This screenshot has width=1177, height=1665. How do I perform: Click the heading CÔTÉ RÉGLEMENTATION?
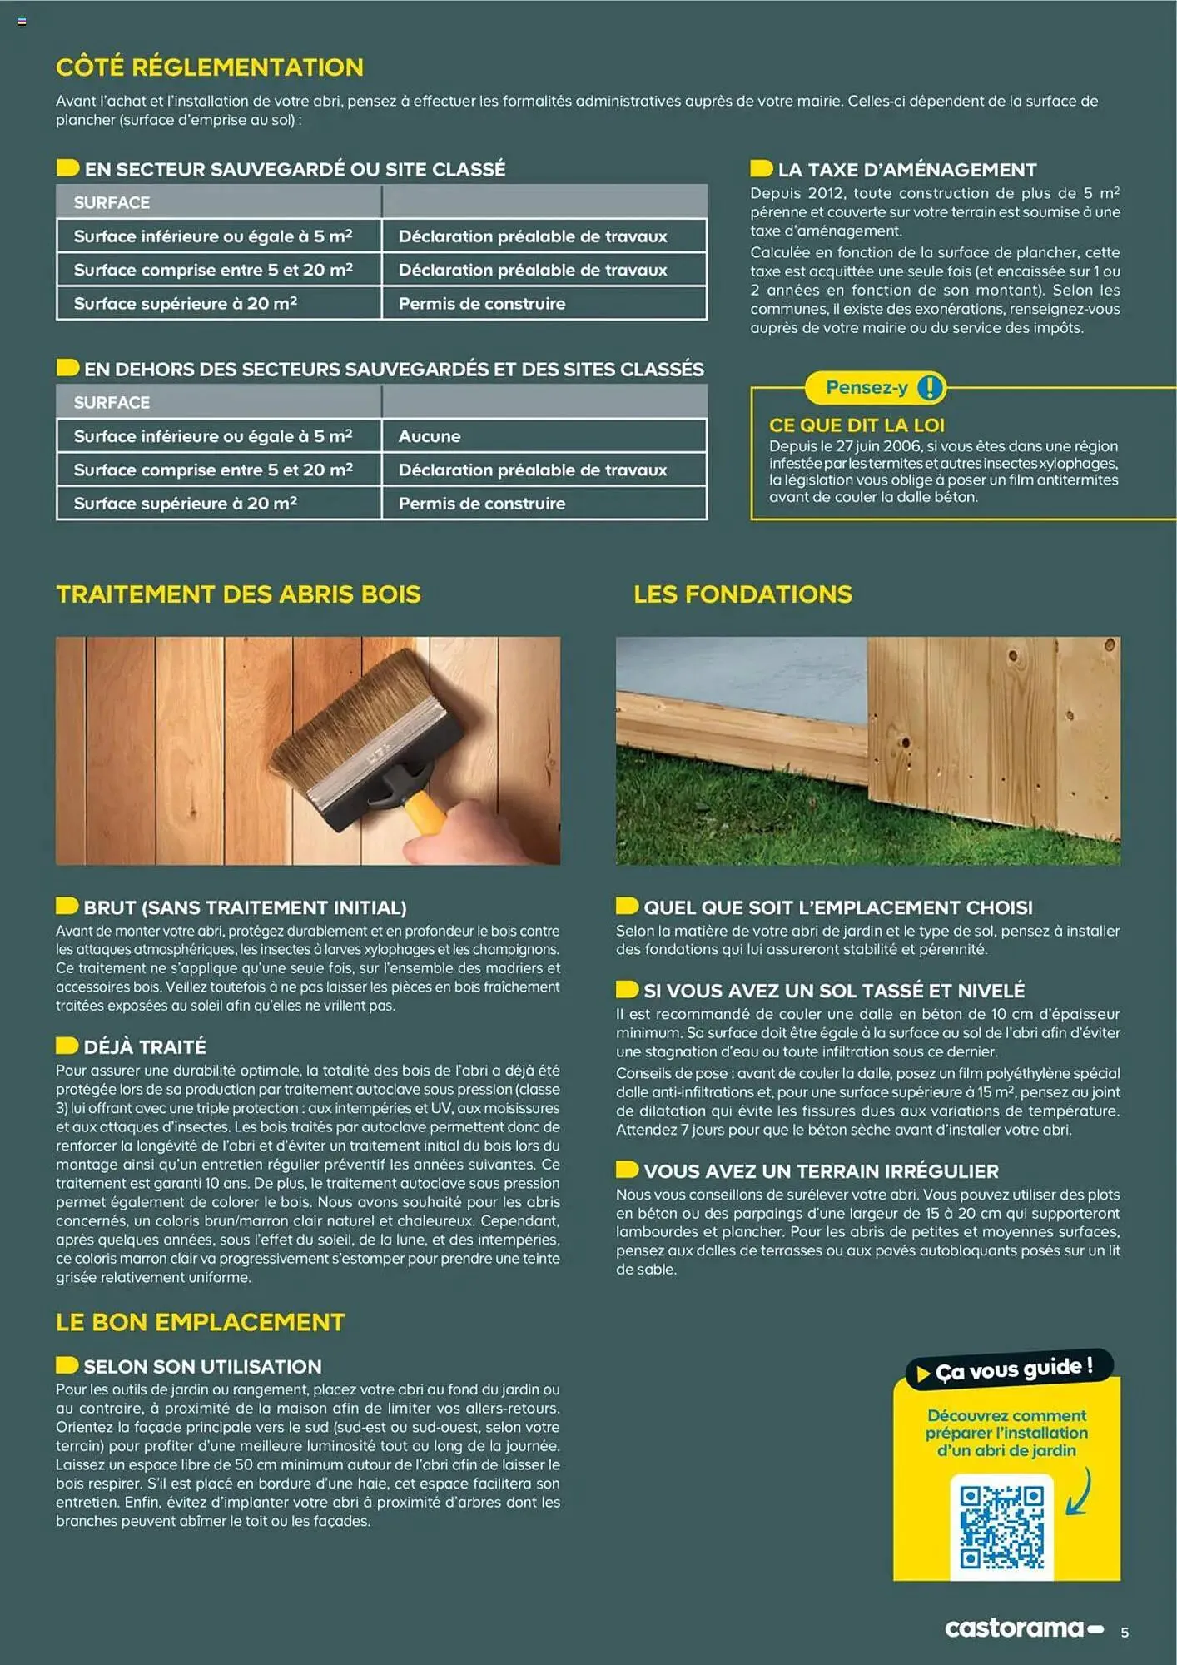[209, 67]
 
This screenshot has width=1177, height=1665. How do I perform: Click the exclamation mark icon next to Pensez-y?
[930, 387]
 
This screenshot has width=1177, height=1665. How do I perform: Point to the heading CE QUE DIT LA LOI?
[857, 425]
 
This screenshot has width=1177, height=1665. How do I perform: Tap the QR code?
[1001, 1528]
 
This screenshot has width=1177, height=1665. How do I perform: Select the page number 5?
[1125, 1633]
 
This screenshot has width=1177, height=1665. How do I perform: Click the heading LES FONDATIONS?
[742, 594]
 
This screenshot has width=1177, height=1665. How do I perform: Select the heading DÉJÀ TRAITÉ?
[144, 1046]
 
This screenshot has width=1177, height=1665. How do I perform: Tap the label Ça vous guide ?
[1013, 1369]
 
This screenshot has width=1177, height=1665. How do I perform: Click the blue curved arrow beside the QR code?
[1080, 1492]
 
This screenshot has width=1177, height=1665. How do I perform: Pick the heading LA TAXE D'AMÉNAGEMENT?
[906, 170]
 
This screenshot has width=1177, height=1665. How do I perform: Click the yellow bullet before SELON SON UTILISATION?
[67, 1365]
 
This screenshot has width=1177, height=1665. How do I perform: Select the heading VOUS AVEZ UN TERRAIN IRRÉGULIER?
[820, 1171]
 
